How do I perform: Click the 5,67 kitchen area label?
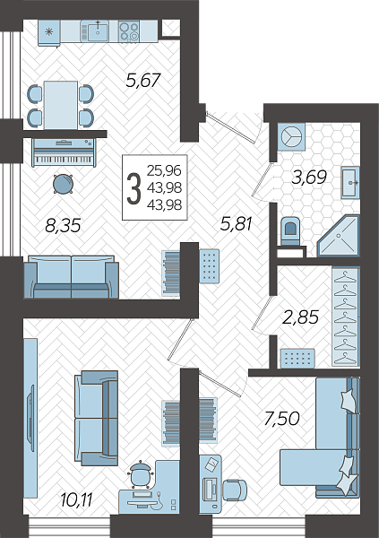pos(143,81)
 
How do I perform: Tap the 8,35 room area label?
pos(63,225)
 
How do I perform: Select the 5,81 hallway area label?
pos(236,223)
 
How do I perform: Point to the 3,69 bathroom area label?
pos(309,178)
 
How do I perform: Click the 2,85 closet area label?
pos(300,317)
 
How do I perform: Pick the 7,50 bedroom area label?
pos(281,418)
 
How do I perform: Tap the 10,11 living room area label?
pos(76,500)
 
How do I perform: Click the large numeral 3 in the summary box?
pos(134,188)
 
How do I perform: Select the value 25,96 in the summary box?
pos(164,170)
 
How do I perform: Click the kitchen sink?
pos(98,30)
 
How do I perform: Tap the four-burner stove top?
pos(129,30)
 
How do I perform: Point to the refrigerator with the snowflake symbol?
pos(49,32)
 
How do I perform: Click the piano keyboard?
pos(64,152)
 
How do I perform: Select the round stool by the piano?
pos(63,184)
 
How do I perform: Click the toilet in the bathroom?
pos(289,231)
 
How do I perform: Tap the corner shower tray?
pos(339,236)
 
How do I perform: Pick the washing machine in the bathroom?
pos(291,137)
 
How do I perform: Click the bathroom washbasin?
pos(350,183)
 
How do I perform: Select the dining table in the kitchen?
pos(61,105)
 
